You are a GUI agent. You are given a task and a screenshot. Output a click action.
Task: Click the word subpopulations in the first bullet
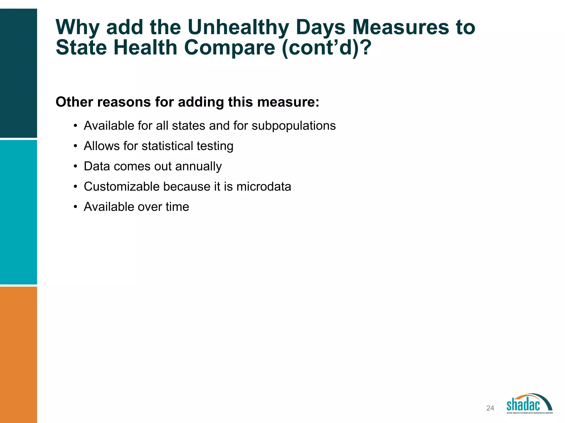click(294, 126)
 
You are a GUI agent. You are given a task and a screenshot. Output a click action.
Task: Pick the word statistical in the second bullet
click(167, 146)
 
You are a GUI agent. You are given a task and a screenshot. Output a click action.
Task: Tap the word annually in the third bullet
click(198, 166)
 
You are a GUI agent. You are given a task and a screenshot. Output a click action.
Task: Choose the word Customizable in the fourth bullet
click(121, 186)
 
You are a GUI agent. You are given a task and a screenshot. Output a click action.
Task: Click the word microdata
click(263, 186)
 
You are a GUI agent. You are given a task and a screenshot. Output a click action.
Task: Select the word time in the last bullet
click(177, 207)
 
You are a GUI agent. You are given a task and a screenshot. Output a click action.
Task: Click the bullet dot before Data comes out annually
click(75, 167)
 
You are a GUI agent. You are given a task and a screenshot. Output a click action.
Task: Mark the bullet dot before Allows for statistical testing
click(75, 146)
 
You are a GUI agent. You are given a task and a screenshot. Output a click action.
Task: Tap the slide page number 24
click(490, 408)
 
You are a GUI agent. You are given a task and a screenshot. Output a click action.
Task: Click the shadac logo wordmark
click(523, 405)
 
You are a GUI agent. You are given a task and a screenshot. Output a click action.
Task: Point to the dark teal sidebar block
click(18, 73)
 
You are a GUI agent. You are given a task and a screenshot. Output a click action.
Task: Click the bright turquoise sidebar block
click(18, 212)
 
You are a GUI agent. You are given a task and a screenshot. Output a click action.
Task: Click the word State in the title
click(81, 48)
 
